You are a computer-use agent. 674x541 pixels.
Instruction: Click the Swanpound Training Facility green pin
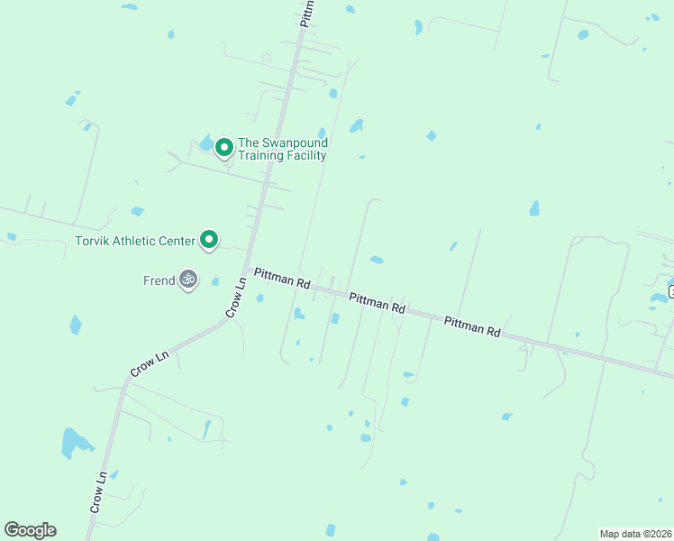tap(223, 147)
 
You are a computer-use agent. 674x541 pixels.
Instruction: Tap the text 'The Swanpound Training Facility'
tap(282, 149)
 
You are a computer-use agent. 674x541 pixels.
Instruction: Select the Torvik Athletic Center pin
tap(209, 240)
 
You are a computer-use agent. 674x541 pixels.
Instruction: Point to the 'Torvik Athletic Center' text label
tap(135, 241)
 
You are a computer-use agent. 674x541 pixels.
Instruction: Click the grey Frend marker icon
tap(188, 280)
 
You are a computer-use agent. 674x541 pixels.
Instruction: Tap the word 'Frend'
tap(159, 280)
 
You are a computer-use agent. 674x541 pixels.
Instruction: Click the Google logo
tap(30, 530)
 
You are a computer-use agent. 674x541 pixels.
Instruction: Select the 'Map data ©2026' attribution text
tap(634, 534)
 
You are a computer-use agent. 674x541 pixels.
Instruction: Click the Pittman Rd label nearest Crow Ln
tap(281, 277)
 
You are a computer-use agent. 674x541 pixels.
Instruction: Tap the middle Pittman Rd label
tap(377, 302)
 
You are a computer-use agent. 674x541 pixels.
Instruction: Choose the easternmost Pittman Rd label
tap(471, 326)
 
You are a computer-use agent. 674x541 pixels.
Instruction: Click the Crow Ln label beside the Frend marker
tap(234, 297)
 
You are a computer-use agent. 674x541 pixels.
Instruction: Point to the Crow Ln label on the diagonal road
tap(150, 364)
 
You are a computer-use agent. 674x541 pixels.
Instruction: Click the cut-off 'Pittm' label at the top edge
tap(307, 13)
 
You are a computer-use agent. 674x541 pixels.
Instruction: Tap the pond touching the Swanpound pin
tap(207, 142)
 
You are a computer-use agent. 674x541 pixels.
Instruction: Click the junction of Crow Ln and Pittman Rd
tap(245, 269)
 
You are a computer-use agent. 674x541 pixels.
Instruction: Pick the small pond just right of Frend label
tap(215, 281)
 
